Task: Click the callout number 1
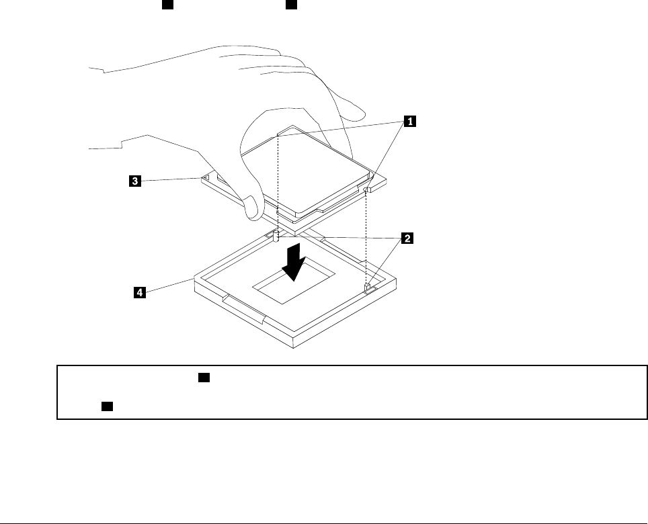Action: pyautogui.click(x=409, y=122)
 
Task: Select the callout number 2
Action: pyautogui.click(x=406, y=238)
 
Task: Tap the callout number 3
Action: pyautogui.click(x=135, y=181)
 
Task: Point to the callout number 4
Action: pyautogui.click(x=138, y=292)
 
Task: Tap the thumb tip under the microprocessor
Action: pyautogui.click(x=251, y=209)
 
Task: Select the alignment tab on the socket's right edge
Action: pyautogui.click(x=368, y=288)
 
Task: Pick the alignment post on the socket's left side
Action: pyautogui.click(x=277, y=236)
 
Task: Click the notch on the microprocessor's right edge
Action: pyautogui.click(x=366, y=191)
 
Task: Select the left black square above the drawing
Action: pyautogui.click(x=167, y=5)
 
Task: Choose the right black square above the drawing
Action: pyautogui.click(x=291, y=5)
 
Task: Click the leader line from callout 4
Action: pyautogui.click(x=168, y=286)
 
